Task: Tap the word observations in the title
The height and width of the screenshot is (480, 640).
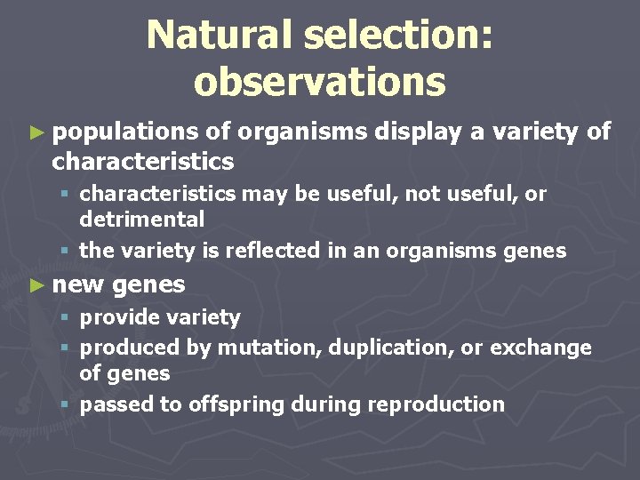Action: pos(319,81)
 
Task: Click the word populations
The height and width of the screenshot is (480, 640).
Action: pos(125,132)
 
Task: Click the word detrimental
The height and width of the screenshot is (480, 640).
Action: pos(142,219)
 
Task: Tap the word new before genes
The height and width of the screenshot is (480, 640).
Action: pos(80,284)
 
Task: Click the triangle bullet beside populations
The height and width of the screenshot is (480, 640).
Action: pos(36,133)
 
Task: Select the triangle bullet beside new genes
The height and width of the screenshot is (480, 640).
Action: pos(36,285)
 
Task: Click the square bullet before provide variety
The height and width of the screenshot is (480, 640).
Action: pos(68,318)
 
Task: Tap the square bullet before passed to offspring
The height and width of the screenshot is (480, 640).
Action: pos(68,405)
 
